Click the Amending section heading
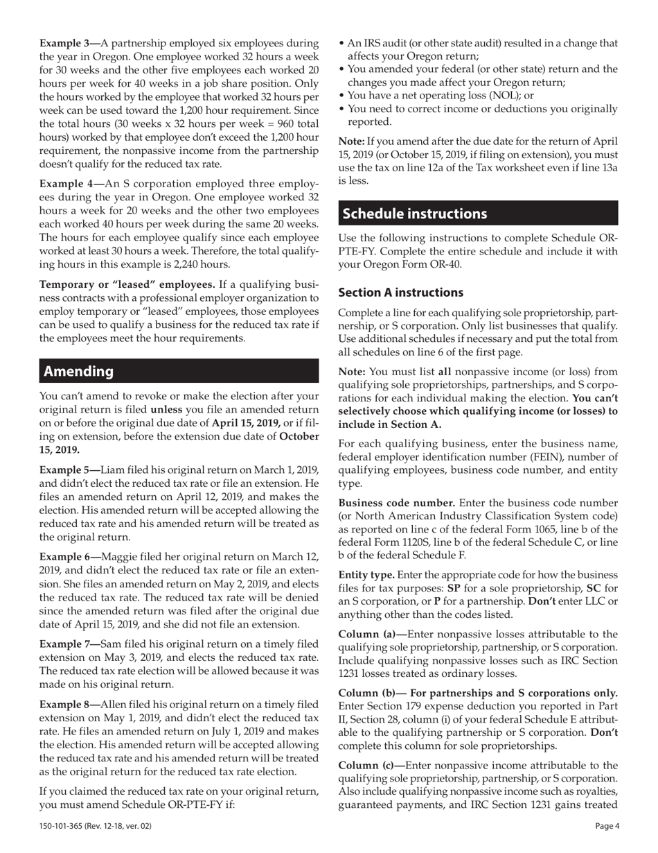click(79, 371)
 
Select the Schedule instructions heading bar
click(414, 214)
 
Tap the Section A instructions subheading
click(400, 293)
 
